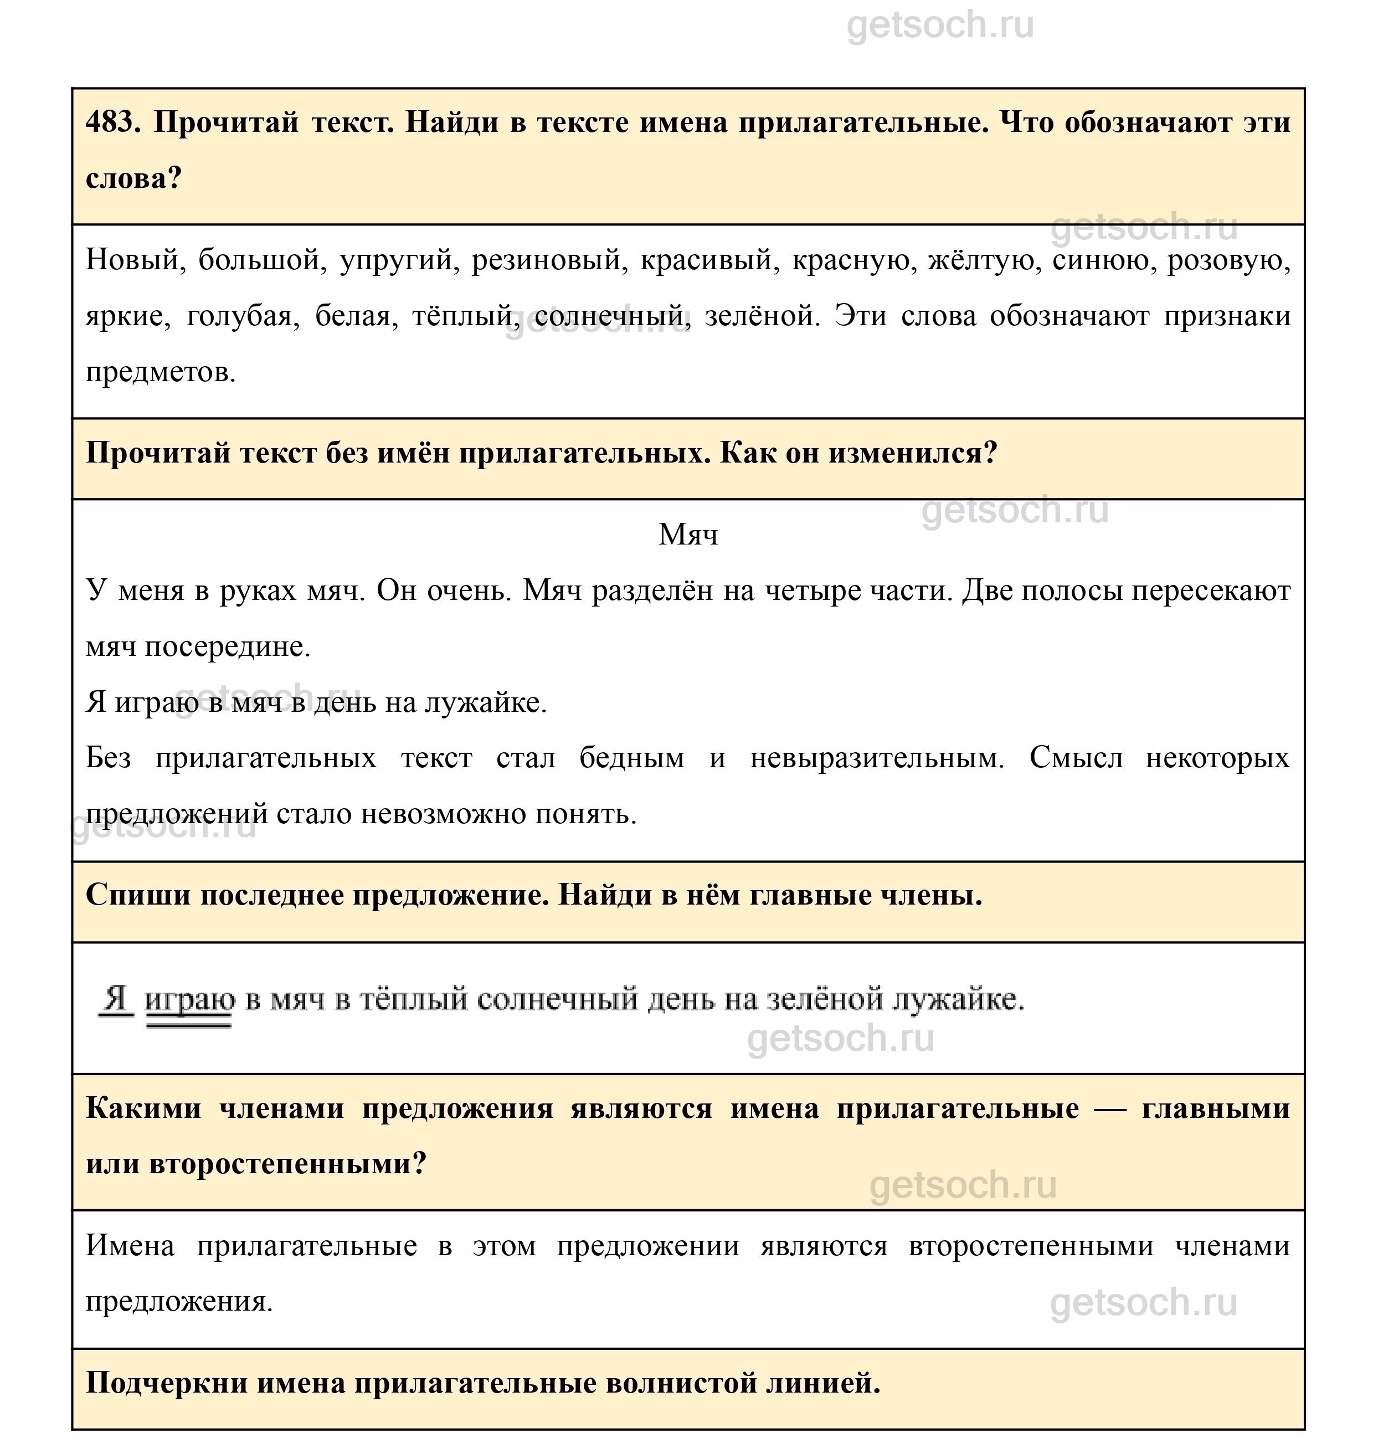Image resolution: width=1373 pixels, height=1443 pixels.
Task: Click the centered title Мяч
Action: pos(688,535)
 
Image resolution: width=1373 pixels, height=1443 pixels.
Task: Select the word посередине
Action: pos(228,646)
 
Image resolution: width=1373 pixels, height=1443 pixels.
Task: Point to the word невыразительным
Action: pos(877,758)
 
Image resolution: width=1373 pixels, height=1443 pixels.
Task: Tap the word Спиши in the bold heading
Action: pos(137,895)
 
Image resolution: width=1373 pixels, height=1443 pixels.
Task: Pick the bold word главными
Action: pos(1215,1108)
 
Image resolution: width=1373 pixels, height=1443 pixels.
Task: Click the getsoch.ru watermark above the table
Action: pos(940,25)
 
